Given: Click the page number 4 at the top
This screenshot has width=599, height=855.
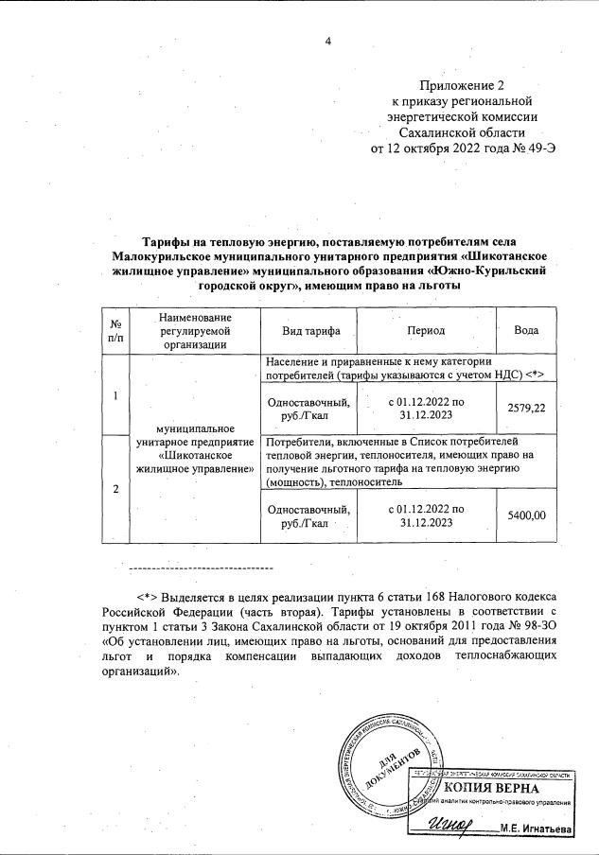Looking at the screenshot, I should coord(328,41).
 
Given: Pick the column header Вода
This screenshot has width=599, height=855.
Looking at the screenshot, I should coord(526,331).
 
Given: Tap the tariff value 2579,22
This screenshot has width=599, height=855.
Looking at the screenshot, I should coord(526,407).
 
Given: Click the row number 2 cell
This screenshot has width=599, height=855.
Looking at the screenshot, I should coord(115,488).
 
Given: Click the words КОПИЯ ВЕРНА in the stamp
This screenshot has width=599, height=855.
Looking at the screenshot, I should coord(491,788).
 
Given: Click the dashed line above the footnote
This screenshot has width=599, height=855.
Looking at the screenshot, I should coord(200,567).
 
